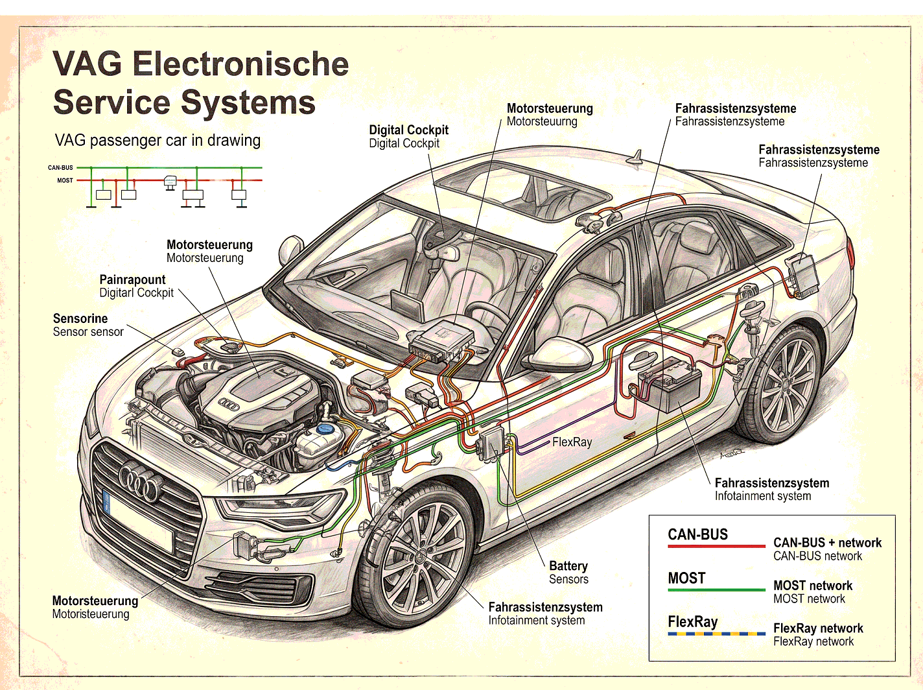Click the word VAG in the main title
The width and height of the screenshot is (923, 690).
click(x=87, y=64)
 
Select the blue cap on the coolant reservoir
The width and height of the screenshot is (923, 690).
click(x=325, y=429)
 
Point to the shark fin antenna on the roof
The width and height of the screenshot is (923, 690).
click(x=637, y=158)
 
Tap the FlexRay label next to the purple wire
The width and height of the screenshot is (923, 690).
click(x=572, y=442)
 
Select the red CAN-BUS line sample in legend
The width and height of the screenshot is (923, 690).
click(x=716, y=546)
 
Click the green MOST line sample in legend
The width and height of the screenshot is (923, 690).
click(x=716, y=589)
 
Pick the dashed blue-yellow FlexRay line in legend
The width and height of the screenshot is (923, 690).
click(x=716, y=633)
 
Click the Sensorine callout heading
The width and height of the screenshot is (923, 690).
click(x=80, y=318)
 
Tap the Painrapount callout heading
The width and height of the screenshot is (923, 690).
click(x=132, y=280)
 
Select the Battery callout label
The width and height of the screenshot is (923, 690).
click(x=568, y=566)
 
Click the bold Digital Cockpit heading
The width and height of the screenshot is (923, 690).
click(x=409, y=130)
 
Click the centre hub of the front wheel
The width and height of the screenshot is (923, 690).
click(x=421, y=558)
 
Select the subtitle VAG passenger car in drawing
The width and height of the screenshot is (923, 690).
click(x=158, y=140)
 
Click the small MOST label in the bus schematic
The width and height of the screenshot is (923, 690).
click(x=65, y=180)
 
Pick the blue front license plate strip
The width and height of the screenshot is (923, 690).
click(x=106, y=501)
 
